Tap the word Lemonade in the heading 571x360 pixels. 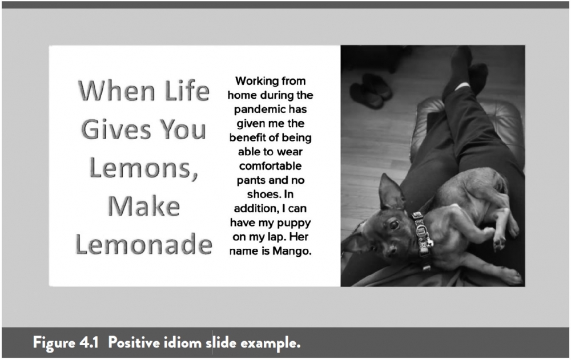[x=143, y=244]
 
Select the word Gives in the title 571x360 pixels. [x=115, y=130]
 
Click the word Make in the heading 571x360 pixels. [x=144, y=206]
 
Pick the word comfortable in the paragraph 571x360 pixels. [x=270, y=166]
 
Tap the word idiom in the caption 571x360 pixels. [x=182, y=342]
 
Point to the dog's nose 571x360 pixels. [x=392, y=250]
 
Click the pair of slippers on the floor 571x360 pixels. [x=371, y=91]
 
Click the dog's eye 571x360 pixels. [x=394, y=224]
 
